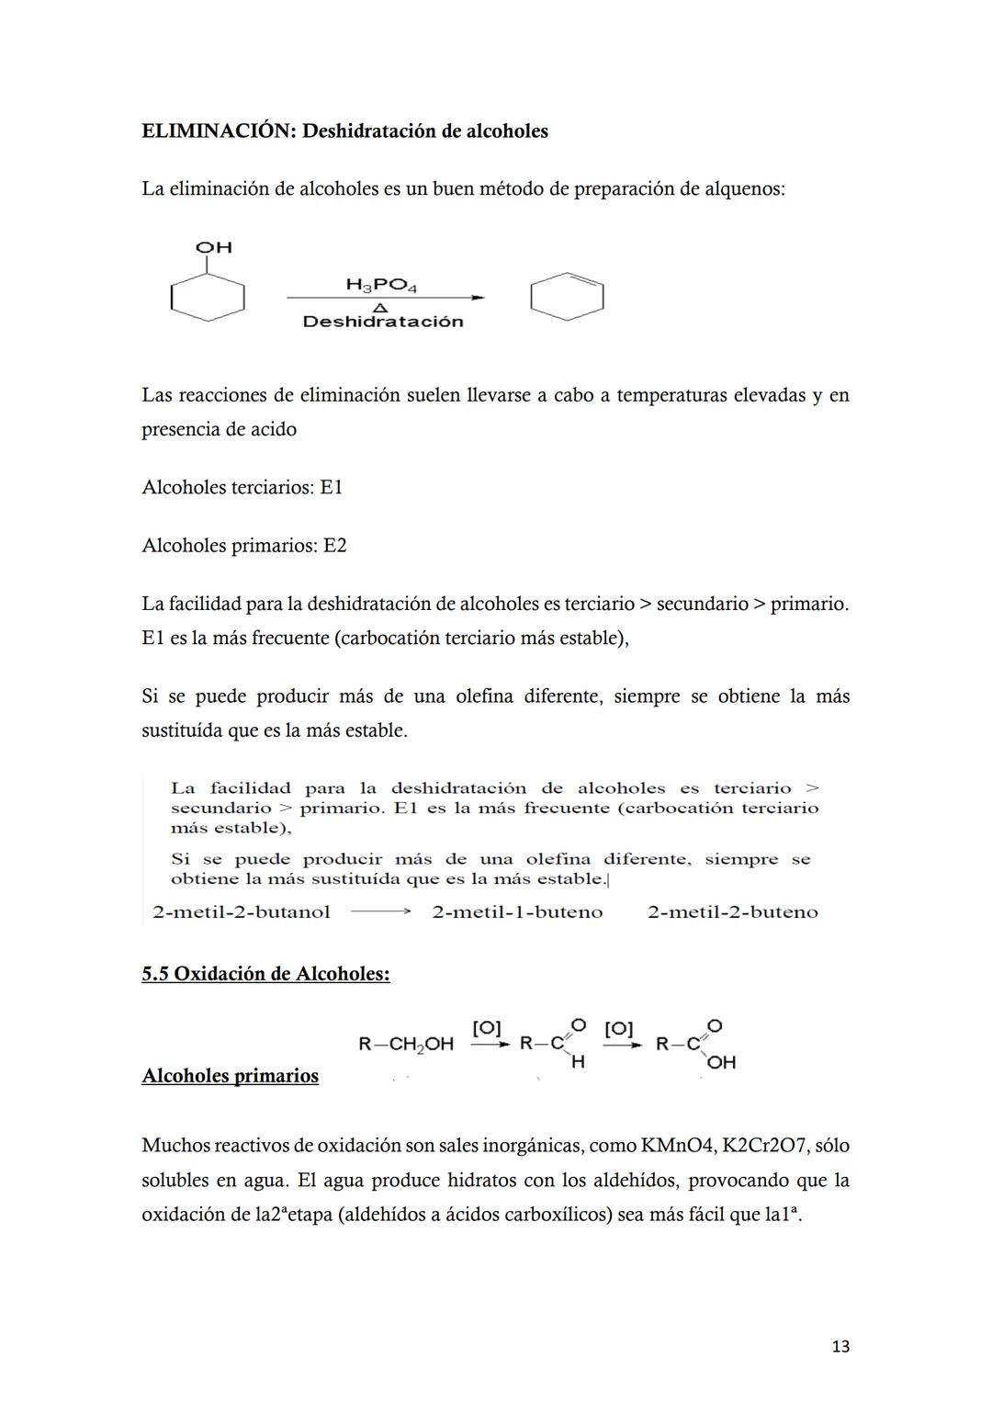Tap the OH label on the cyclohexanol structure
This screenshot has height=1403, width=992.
pyautogui.click(x=214, y=247)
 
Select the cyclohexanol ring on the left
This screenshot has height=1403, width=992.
pyautogui.click(x=208, y=297)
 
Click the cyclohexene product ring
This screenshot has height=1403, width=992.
pyautogui.click(x=567, y=297)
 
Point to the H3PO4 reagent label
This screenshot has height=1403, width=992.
pyautogui.click(x=381, y=285)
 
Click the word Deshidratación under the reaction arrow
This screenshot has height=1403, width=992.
pyautogui.click(x=383, y=322)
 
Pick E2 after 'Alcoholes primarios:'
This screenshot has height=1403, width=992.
pyautogui.click(x=334, y=546)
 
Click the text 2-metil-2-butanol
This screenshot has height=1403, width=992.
pyautogui.click(x=242, y=912)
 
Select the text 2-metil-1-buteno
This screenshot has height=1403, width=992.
pyautogui.click(x=517, y=912)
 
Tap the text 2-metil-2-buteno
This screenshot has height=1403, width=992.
pyautogui.click(x=732, y=912)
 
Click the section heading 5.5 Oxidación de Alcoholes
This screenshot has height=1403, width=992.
pyautogui.click(x=265, y=974)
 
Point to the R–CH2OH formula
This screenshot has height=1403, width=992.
pyautogui.click(x=405, y=1044)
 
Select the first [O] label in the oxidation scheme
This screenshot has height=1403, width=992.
pyautogui.click(x=486, y=1028)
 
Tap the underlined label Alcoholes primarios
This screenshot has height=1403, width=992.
pyautogui.click(x=230, y=1076)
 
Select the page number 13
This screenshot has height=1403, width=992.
pyautogui.click(x=840, y=1346)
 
